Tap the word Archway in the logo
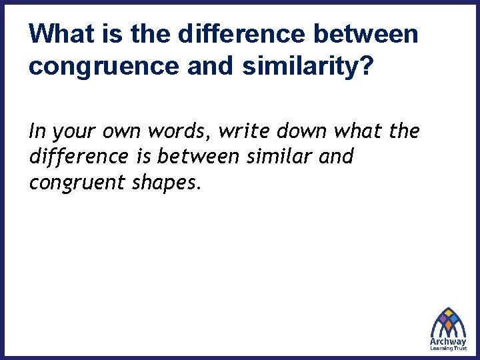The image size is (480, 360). click(x=448, y=342)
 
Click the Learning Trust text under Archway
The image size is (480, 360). click(x=448, y=349)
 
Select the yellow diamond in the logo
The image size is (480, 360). click(x=449, y=313)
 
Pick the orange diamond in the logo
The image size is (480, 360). click(x=448, y=325)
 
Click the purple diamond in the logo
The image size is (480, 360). click(x=443, y=319)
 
